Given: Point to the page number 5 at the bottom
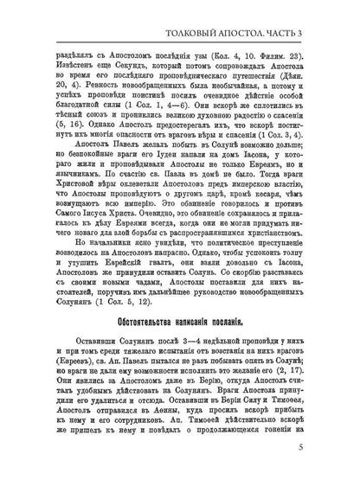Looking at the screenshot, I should [322, 449].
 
